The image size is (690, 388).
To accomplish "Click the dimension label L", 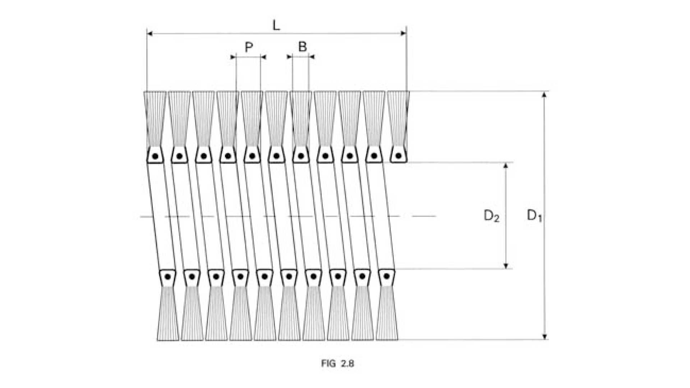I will click(x=276, y=26).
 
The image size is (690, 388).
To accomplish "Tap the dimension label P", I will click(x=249, y=47).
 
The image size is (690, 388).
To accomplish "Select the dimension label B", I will click(x=303, y=46).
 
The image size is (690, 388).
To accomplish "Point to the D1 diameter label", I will click(x=534, y=216).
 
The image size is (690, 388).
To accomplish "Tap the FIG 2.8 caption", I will click(x=337, y=364).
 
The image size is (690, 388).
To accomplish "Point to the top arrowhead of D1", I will click(x=545, y=94).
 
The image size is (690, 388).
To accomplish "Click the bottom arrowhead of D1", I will click(x=545, y=337).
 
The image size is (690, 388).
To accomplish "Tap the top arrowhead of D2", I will click(x=506, y=166).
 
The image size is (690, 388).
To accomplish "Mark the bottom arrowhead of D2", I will click(x=506, y=266).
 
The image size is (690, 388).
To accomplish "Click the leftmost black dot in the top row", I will click(x=155, y=156).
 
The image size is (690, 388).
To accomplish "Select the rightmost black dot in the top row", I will click(x=398, y=156).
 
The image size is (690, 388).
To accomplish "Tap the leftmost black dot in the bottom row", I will click(x=167, y=277).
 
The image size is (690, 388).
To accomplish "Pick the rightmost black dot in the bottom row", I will click(x=387, y=276).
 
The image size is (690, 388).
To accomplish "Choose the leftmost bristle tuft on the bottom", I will click(x=168, y=314).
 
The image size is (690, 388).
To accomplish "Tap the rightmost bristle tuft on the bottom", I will click(x=387, y=314).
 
